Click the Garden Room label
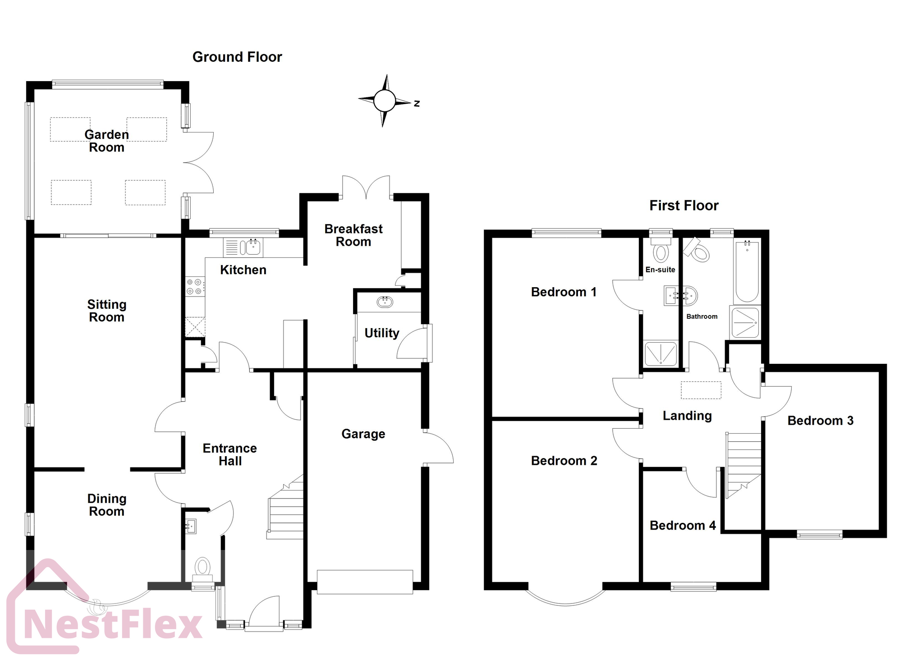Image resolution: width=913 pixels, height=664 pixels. point(106,141)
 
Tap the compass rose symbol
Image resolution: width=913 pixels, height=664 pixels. point(384,101)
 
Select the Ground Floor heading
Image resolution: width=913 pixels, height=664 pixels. point(237,57)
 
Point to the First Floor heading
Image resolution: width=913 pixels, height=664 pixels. point(684,206)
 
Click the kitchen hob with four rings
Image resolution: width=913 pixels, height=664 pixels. point(195,287)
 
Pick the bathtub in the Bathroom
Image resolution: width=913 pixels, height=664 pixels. point(747,271)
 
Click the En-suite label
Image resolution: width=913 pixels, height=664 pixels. point(660,270)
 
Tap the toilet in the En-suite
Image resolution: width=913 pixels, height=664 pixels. point(661,251)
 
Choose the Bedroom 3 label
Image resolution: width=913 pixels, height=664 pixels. point(820,421)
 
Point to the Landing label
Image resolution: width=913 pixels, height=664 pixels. point(687,416)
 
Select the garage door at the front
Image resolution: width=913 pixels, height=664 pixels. point(365,582)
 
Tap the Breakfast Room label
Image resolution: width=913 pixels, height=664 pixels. point(353,235)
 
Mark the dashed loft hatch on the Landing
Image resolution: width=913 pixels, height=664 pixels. point(701,390)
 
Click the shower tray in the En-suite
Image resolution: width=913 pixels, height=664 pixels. point(661,353)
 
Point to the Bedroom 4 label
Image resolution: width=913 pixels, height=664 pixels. point(682,526)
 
